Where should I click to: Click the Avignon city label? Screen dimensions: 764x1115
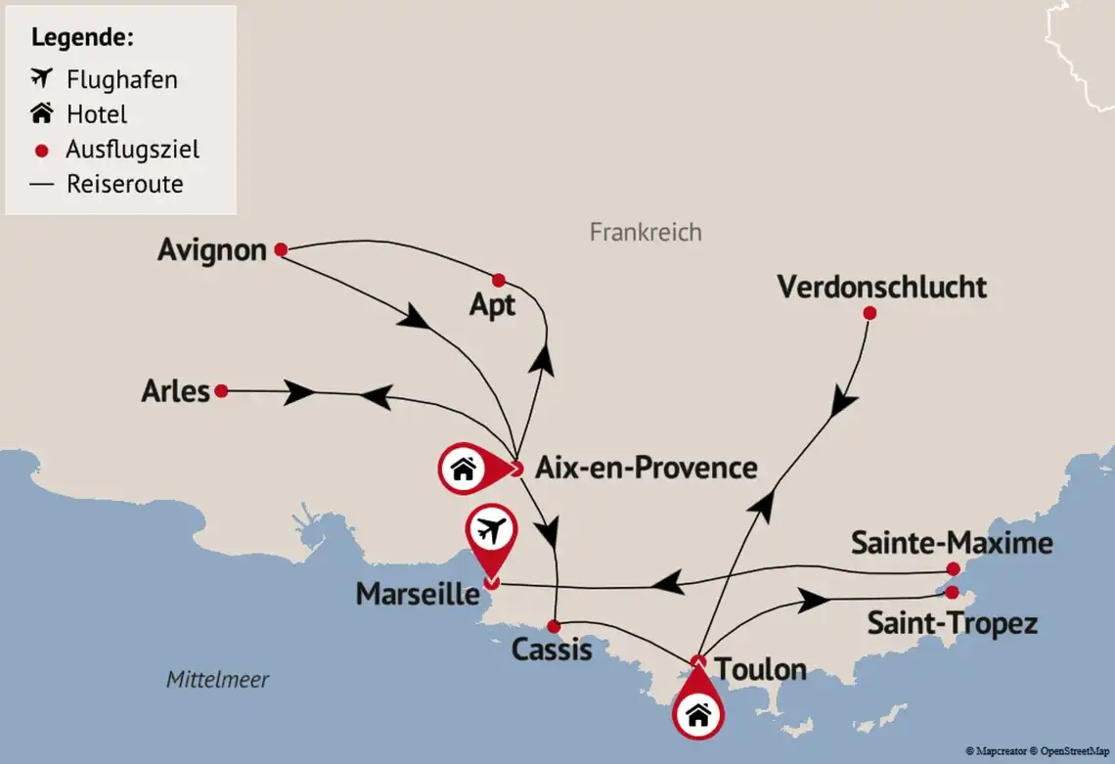[x=212, y=250]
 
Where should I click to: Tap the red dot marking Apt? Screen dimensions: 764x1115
[x=498, y=280]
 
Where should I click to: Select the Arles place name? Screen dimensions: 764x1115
[x=176, y=391]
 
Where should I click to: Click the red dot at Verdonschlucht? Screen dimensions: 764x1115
[x=870, y=313]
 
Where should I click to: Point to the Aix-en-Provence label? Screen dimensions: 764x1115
[x=646, y=468]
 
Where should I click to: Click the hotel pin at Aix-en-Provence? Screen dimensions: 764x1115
[x=465, y=471]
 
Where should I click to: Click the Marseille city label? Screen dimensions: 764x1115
[x=418, y=594]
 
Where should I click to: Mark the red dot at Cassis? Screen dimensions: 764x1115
[x=553, y=626]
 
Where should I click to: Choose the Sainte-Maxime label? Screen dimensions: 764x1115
[x=951, y=543]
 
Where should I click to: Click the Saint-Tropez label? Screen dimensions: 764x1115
[x=952, y=623]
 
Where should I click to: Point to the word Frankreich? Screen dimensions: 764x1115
[x=646, y=232]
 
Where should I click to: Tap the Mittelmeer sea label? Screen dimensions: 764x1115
[x=217, y=679]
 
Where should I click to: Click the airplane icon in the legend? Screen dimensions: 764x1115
[x=41, y=77]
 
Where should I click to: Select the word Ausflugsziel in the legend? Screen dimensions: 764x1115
[x=132, y=150]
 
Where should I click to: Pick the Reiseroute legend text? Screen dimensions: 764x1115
[x=124, y=184]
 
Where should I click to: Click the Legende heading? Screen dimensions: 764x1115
[x=82, y=38]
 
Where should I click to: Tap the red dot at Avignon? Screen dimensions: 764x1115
[x=281, y=249]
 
